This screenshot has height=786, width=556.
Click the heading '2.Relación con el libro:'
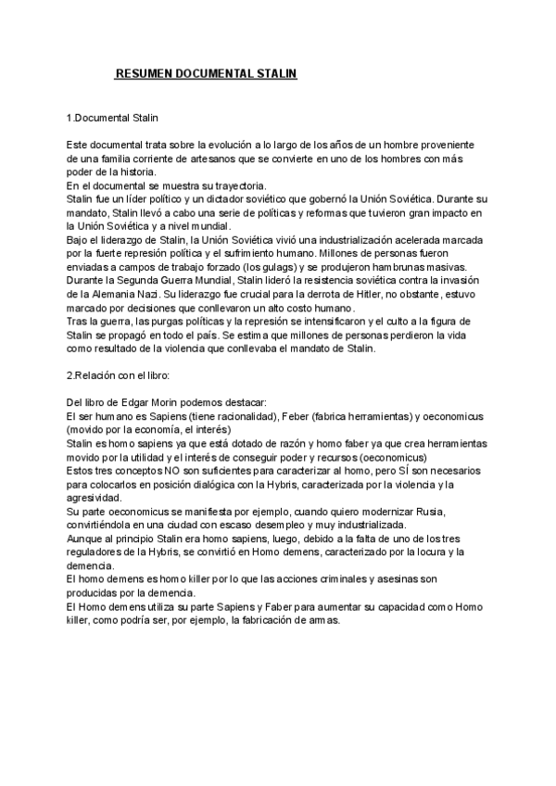pos(120,374)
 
